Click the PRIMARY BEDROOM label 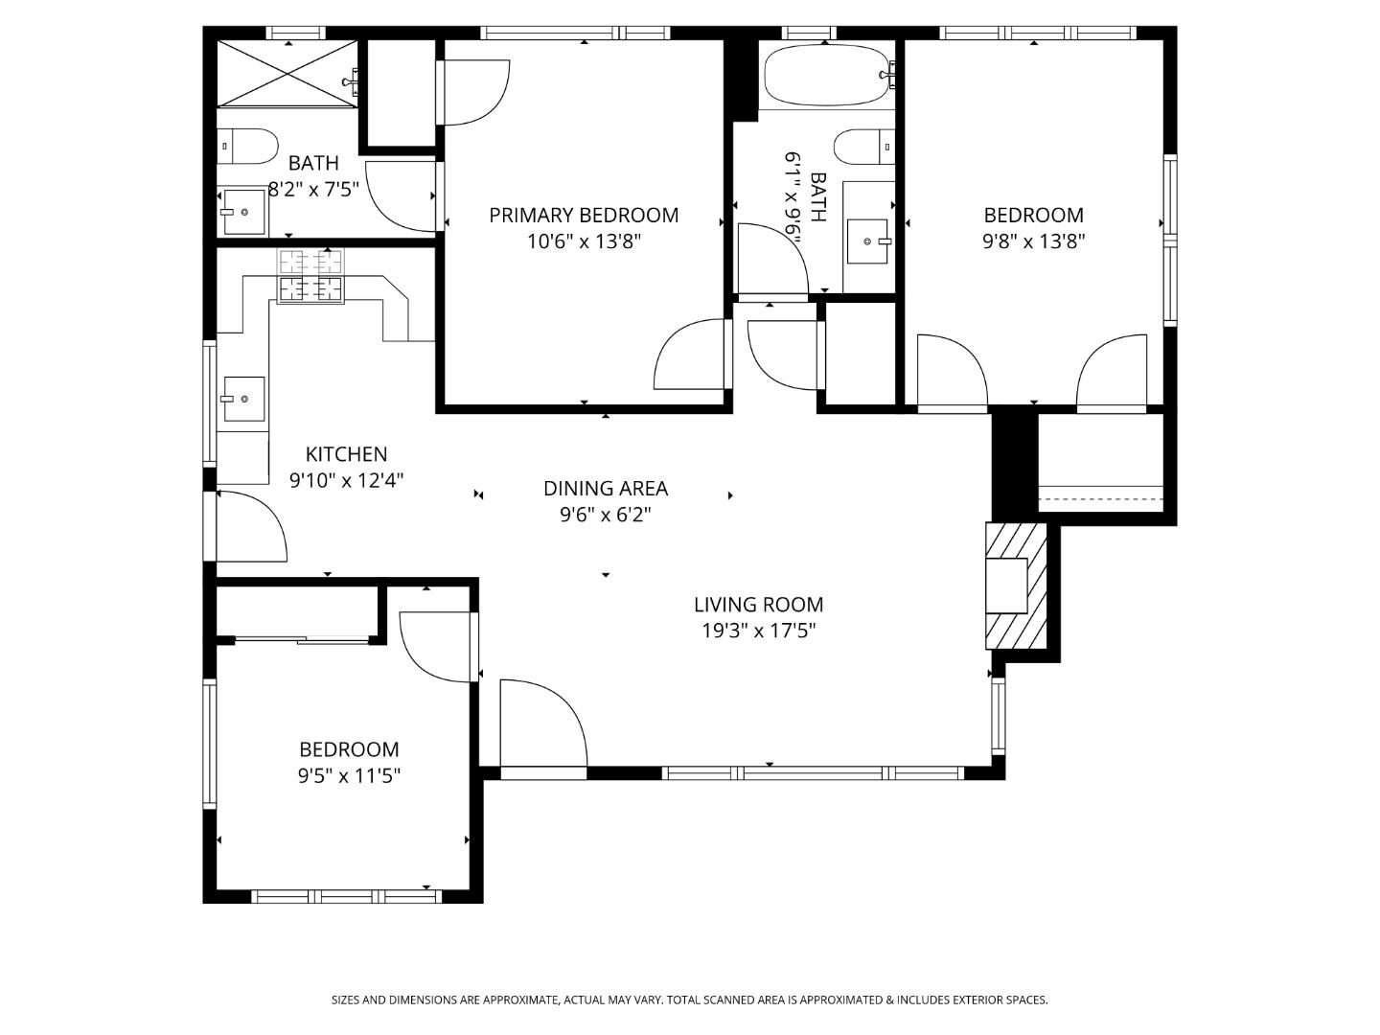coord(584,216)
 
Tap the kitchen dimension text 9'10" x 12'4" coord(347,480)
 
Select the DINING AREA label coord(606,489)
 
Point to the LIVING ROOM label coord(758,605)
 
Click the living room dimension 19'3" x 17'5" coord(758,631)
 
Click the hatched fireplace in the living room coord(1017,586)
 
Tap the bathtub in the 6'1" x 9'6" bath coord(825,76)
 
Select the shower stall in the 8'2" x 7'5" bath coord(287,73)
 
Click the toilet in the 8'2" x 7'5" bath coord(247,147)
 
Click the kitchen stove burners coord(310,276)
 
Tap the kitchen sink coord(242,399)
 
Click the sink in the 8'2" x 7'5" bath coord(243,211)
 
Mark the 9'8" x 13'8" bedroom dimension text coord(1033,241)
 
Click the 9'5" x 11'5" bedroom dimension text coord(349,775)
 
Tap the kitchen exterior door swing coord(251,526)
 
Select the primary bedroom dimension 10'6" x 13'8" coord(584,241)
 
